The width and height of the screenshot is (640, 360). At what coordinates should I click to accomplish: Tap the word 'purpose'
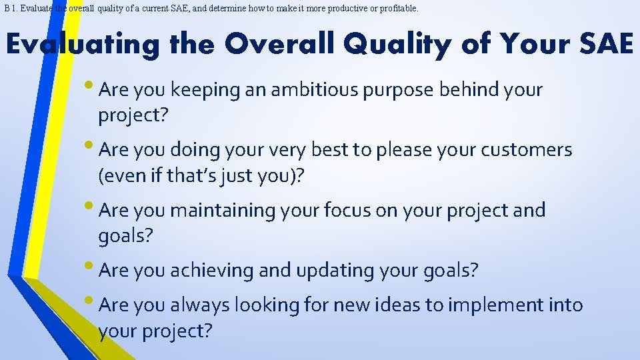tap(399, 90)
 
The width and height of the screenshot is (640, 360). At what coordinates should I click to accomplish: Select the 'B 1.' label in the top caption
tap(10, 9)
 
